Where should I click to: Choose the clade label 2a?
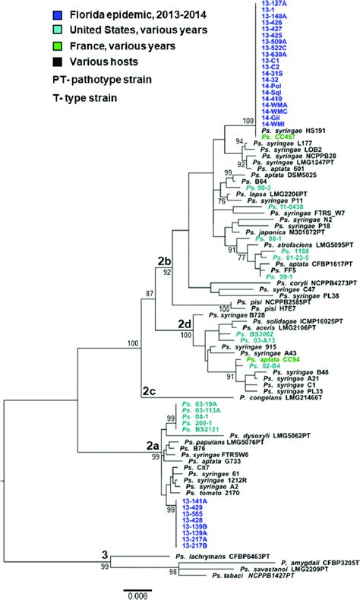tap(153, 448)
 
